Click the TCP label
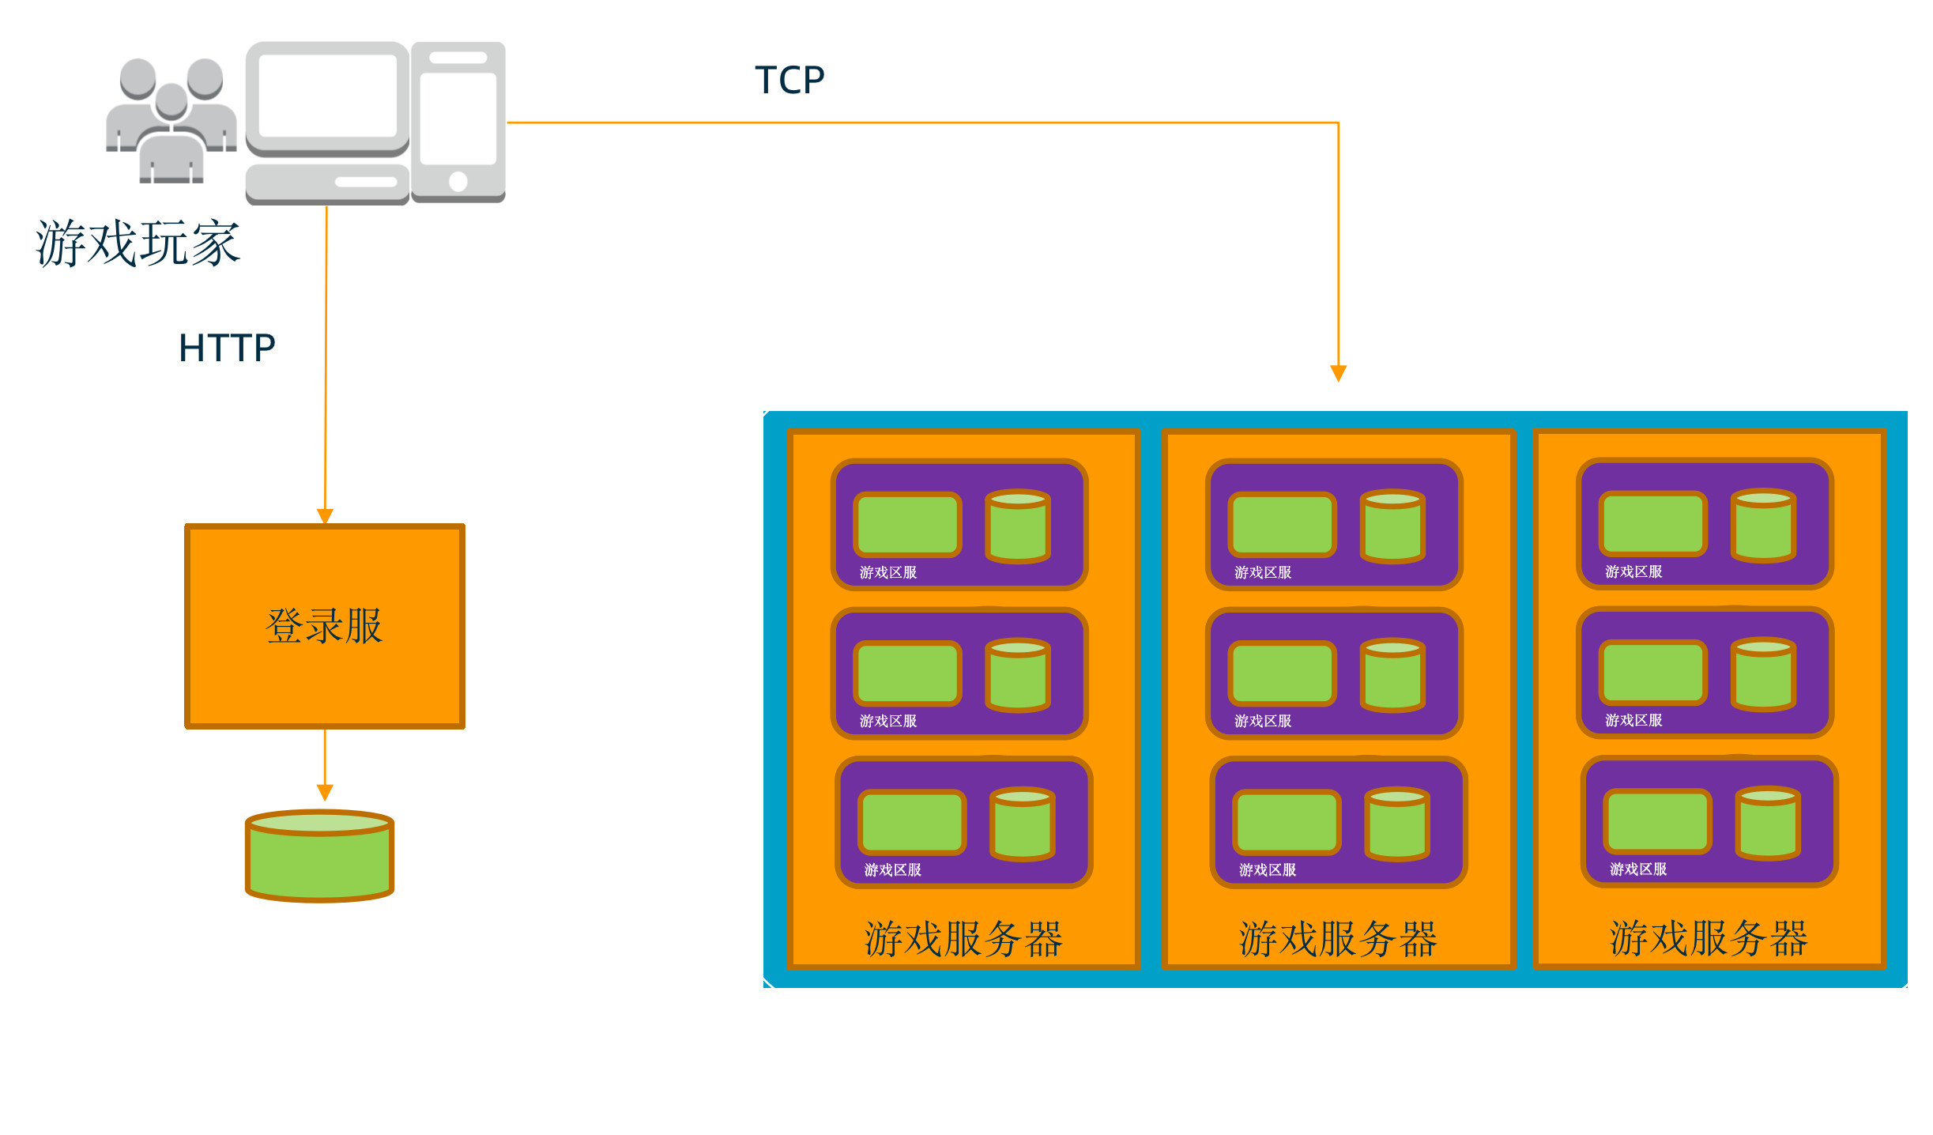789,80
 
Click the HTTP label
227,348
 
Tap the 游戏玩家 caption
138,243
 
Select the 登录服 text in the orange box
324,626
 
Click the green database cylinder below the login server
319,857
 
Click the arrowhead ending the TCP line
1338,373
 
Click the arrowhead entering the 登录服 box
325,516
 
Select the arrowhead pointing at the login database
325,792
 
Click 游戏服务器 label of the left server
963,939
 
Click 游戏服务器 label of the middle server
1338,939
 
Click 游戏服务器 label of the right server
1709,938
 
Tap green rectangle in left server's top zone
907,524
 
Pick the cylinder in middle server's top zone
1392,526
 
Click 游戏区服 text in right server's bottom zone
1638,869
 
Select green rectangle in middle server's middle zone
1282,673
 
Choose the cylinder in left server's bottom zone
1023,824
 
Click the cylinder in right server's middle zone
1763,674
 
